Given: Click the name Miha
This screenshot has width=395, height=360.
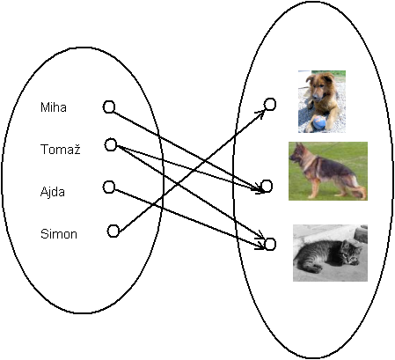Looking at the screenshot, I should pyautogui.click(x=53, y=108).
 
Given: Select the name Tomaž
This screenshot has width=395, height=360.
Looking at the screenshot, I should pyautogui.click(x=61, y=151).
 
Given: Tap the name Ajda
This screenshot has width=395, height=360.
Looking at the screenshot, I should pyautogui.click(x=53, y=191).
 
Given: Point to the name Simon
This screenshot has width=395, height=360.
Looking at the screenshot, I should pyautogui.click(x=59, y=234).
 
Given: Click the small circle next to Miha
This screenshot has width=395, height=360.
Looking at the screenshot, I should pyautogui.click(x=109, y=107).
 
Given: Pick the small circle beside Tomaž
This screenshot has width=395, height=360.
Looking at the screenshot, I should pyautogui.click(x=111, y=144).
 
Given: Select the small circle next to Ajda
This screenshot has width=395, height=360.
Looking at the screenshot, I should pyautogui.click(x=109, y=187).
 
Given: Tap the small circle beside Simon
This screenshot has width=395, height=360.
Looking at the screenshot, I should pyautogui.click(x=113, y=231).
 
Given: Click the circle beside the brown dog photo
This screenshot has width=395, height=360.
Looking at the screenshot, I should pyautogui.click(x=270, y=105).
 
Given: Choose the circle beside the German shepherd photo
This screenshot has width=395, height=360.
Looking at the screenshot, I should pyautogui.click(x=267, y=186).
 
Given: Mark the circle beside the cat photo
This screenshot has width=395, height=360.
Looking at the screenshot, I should pyautogui.click(x=270, y=243).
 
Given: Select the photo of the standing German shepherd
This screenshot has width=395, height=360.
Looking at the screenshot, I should pyautogui.click(x=328, y=171).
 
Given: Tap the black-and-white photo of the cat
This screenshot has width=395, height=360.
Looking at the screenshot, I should pyautogui.click(x=330, y=253).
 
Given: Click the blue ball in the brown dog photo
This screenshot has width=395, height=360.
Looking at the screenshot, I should pyautogui.click(x=318, y=124).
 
